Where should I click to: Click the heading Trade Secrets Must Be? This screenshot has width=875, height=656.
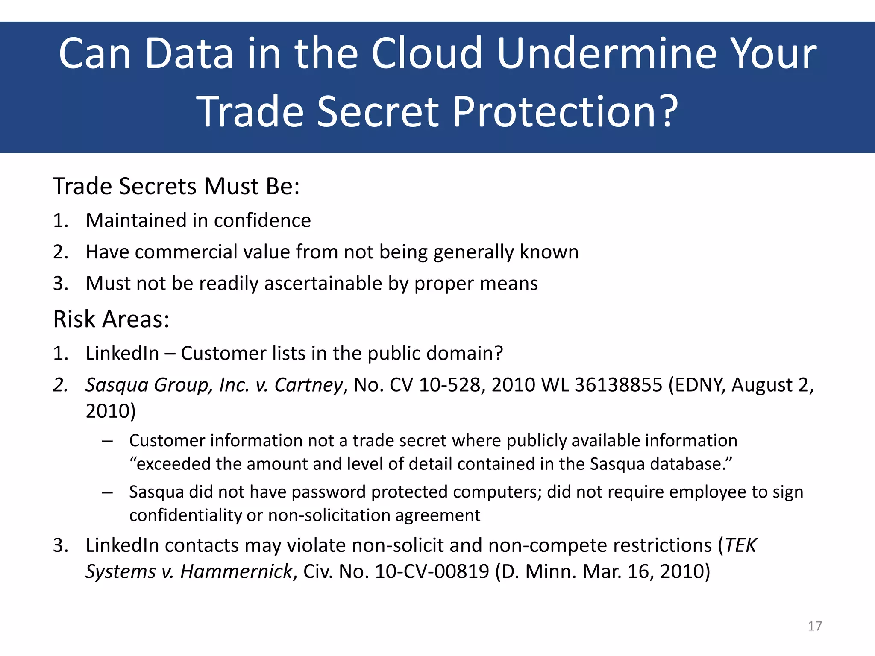click(176, 187)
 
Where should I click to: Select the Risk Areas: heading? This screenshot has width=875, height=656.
click(111, 319)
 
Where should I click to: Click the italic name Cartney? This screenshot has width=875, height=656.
click(308, 385)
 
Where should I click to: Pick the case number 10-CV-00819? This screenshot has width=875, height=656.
click(432, 571)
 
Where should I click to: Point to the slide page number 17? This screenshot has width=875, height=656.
click(815, 626)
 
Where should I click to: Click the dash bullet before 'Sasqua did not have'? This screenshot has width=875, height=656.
click(107, 492)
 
